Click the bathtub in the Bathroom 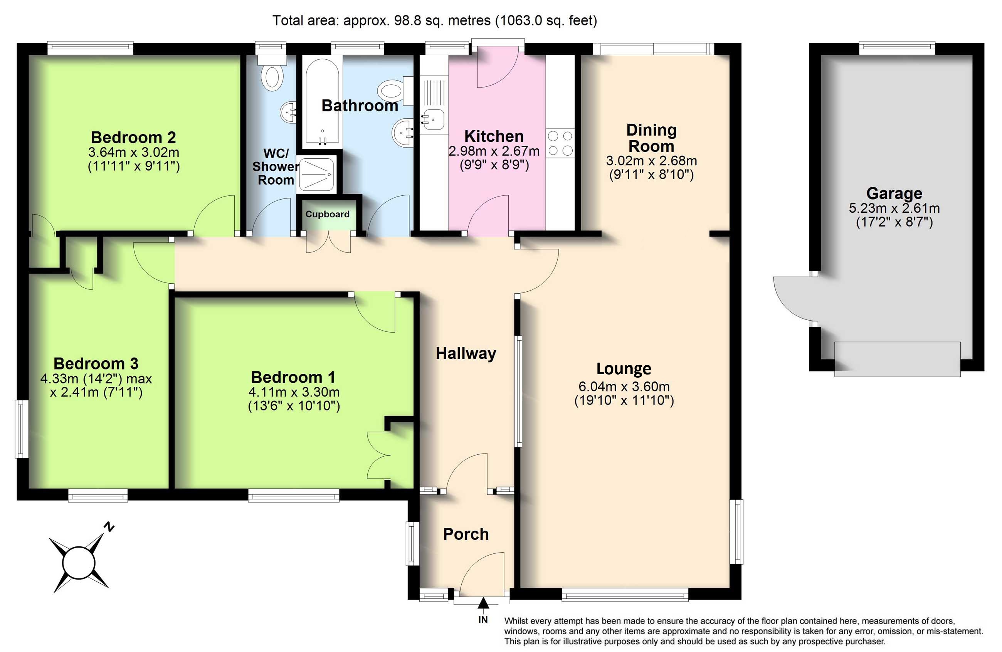(323, 101)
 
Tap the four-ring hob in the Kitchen (560, 143)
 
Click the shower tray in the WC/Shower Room (317, 174)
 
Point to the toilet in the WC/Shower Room (272, 72)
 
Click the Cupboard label (327, 214)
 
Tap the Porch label (466, 534)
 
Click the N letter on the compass (109, 527)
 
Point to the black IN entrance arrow (483, 603)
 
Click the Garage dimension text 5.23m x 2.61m (894, 208)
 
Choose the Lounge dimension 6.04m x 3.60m (624, 386)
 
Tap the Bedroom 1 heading (293, 377)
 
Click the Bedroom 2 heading (133, 137)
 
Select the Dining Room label (651, 138)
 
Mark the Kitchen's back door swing (497, 67)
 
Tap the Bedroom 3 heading (96, 363)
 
